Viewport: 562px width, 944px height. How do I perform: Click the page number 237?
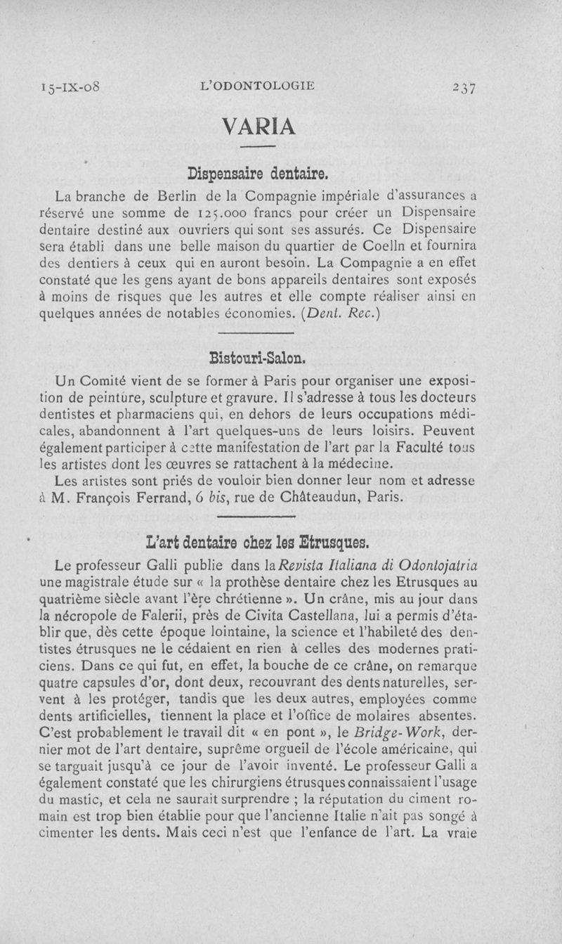(x=464, y=87)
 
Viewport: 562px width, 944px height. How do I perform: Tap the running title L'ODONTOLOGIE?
(x=258, y=87)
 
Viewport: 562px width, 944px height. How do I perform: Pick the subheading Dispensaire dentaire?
(x=259, y=172)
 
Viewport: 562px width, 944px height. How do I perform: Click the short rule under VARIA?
(x=258, y=147)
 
